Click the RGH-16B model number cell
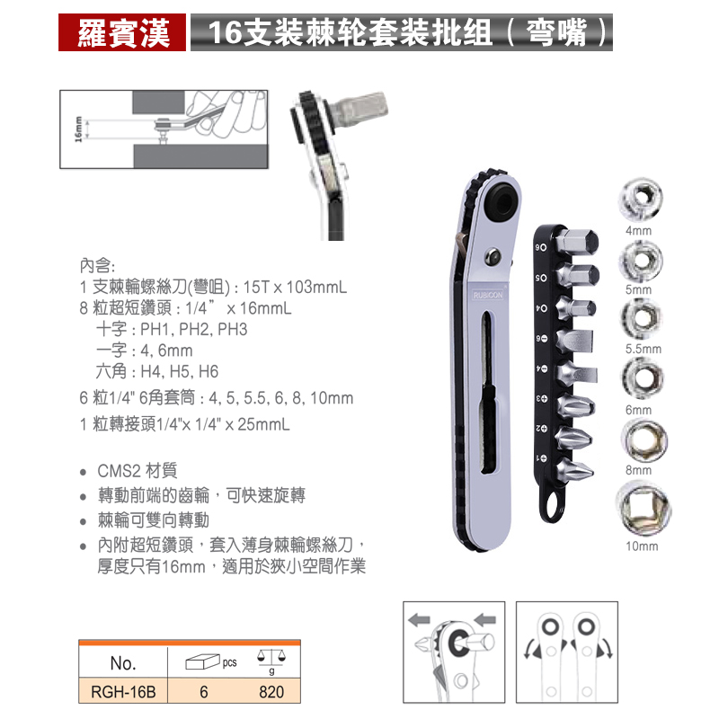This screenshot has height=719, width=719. point(123,692)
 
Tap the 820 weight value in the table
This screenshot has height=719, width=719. point(271,692)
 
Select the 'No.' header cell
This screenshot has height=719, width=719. point(123,664)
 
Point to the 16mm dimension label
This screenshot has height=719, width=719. point(79,131)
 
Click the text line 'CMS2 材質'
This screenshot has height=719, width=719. point(138,471)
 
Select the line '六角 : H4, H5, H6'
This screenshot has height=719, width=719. point(156,371)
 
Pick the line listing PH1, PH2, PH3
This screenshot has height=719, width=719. point(171,330)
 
